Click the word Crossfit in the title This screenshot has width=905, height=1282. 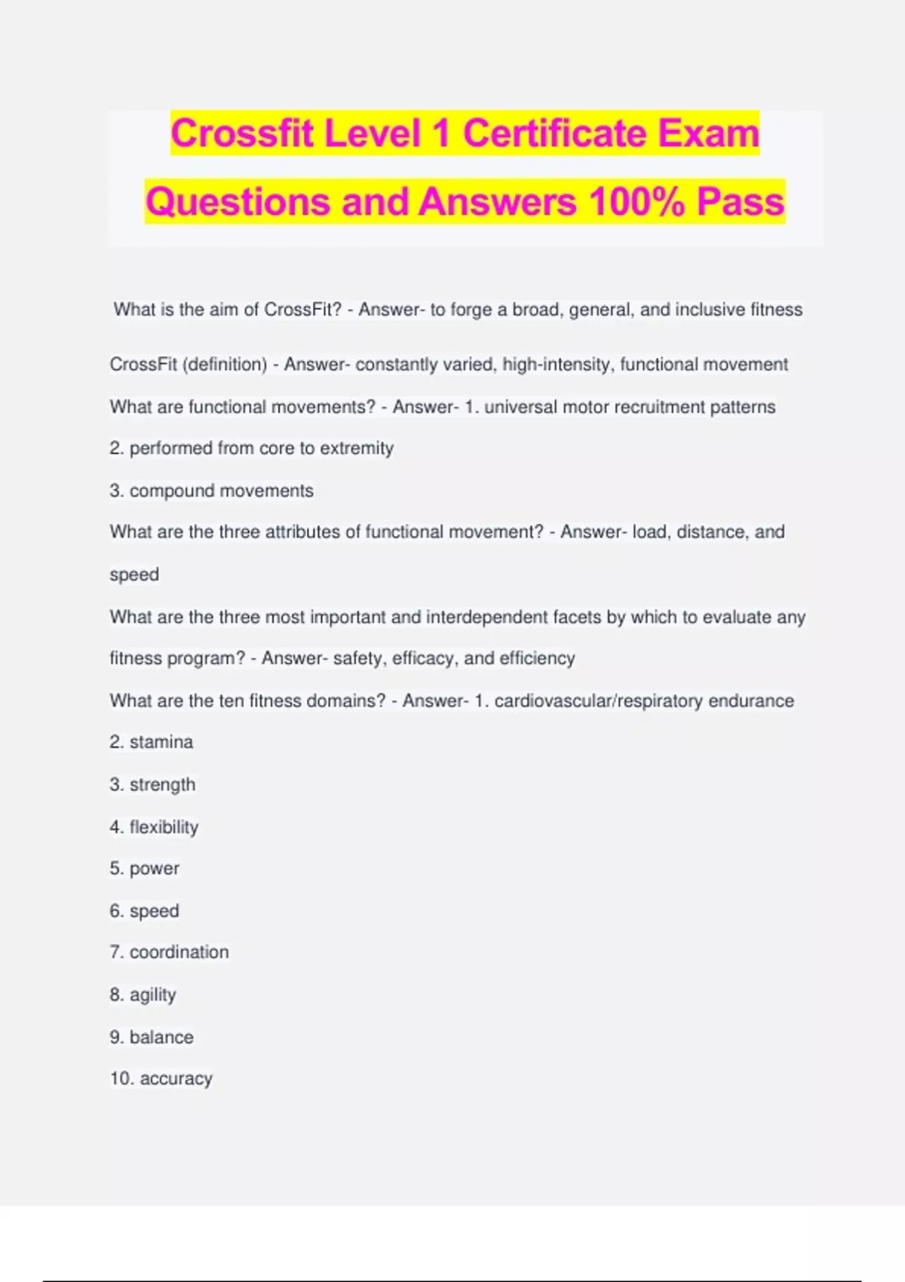click(242, 133)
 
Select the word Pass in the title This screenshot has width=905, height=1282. click(741, 202)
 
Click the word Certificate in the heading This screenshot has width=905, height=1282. click(554, 133)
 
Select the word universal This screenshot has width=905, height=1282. click(520, 407)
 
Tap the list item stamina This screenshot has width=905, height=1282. click(161, 743)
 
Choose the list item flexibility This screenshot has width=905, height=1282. click(164, 827)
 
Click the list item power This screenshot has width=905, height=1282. click(154, 869)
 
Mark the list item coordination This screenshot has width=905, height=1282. click(179, 952)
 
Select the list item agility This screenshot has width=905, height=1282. click(152, 995)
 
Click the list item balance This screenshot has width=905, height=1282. click(161, 1038)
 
